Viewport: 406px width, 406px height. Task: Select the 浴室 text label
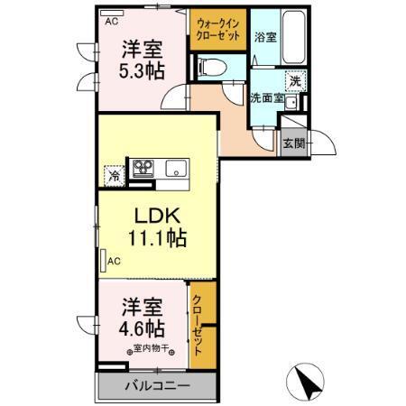click(264, 38)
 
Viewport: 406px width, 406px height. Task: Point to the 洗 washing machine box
click(294, 80)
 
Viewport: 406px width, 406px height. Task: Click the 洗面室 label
click(267, 98)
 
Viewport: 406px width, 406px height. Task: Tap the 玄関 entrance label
click(294, 143)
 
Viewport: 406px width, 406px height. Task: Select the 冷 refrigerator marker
click(114, 175)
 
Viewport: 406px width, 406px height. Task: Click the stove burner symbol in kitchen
click(144, 168)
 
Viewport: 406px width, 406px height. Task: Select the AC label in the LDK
click(114, 262)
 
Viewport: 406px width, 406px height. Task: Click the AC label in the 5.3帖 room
click(112, 20)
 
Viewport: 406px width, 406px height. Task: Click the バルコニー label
click(157, 388)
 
